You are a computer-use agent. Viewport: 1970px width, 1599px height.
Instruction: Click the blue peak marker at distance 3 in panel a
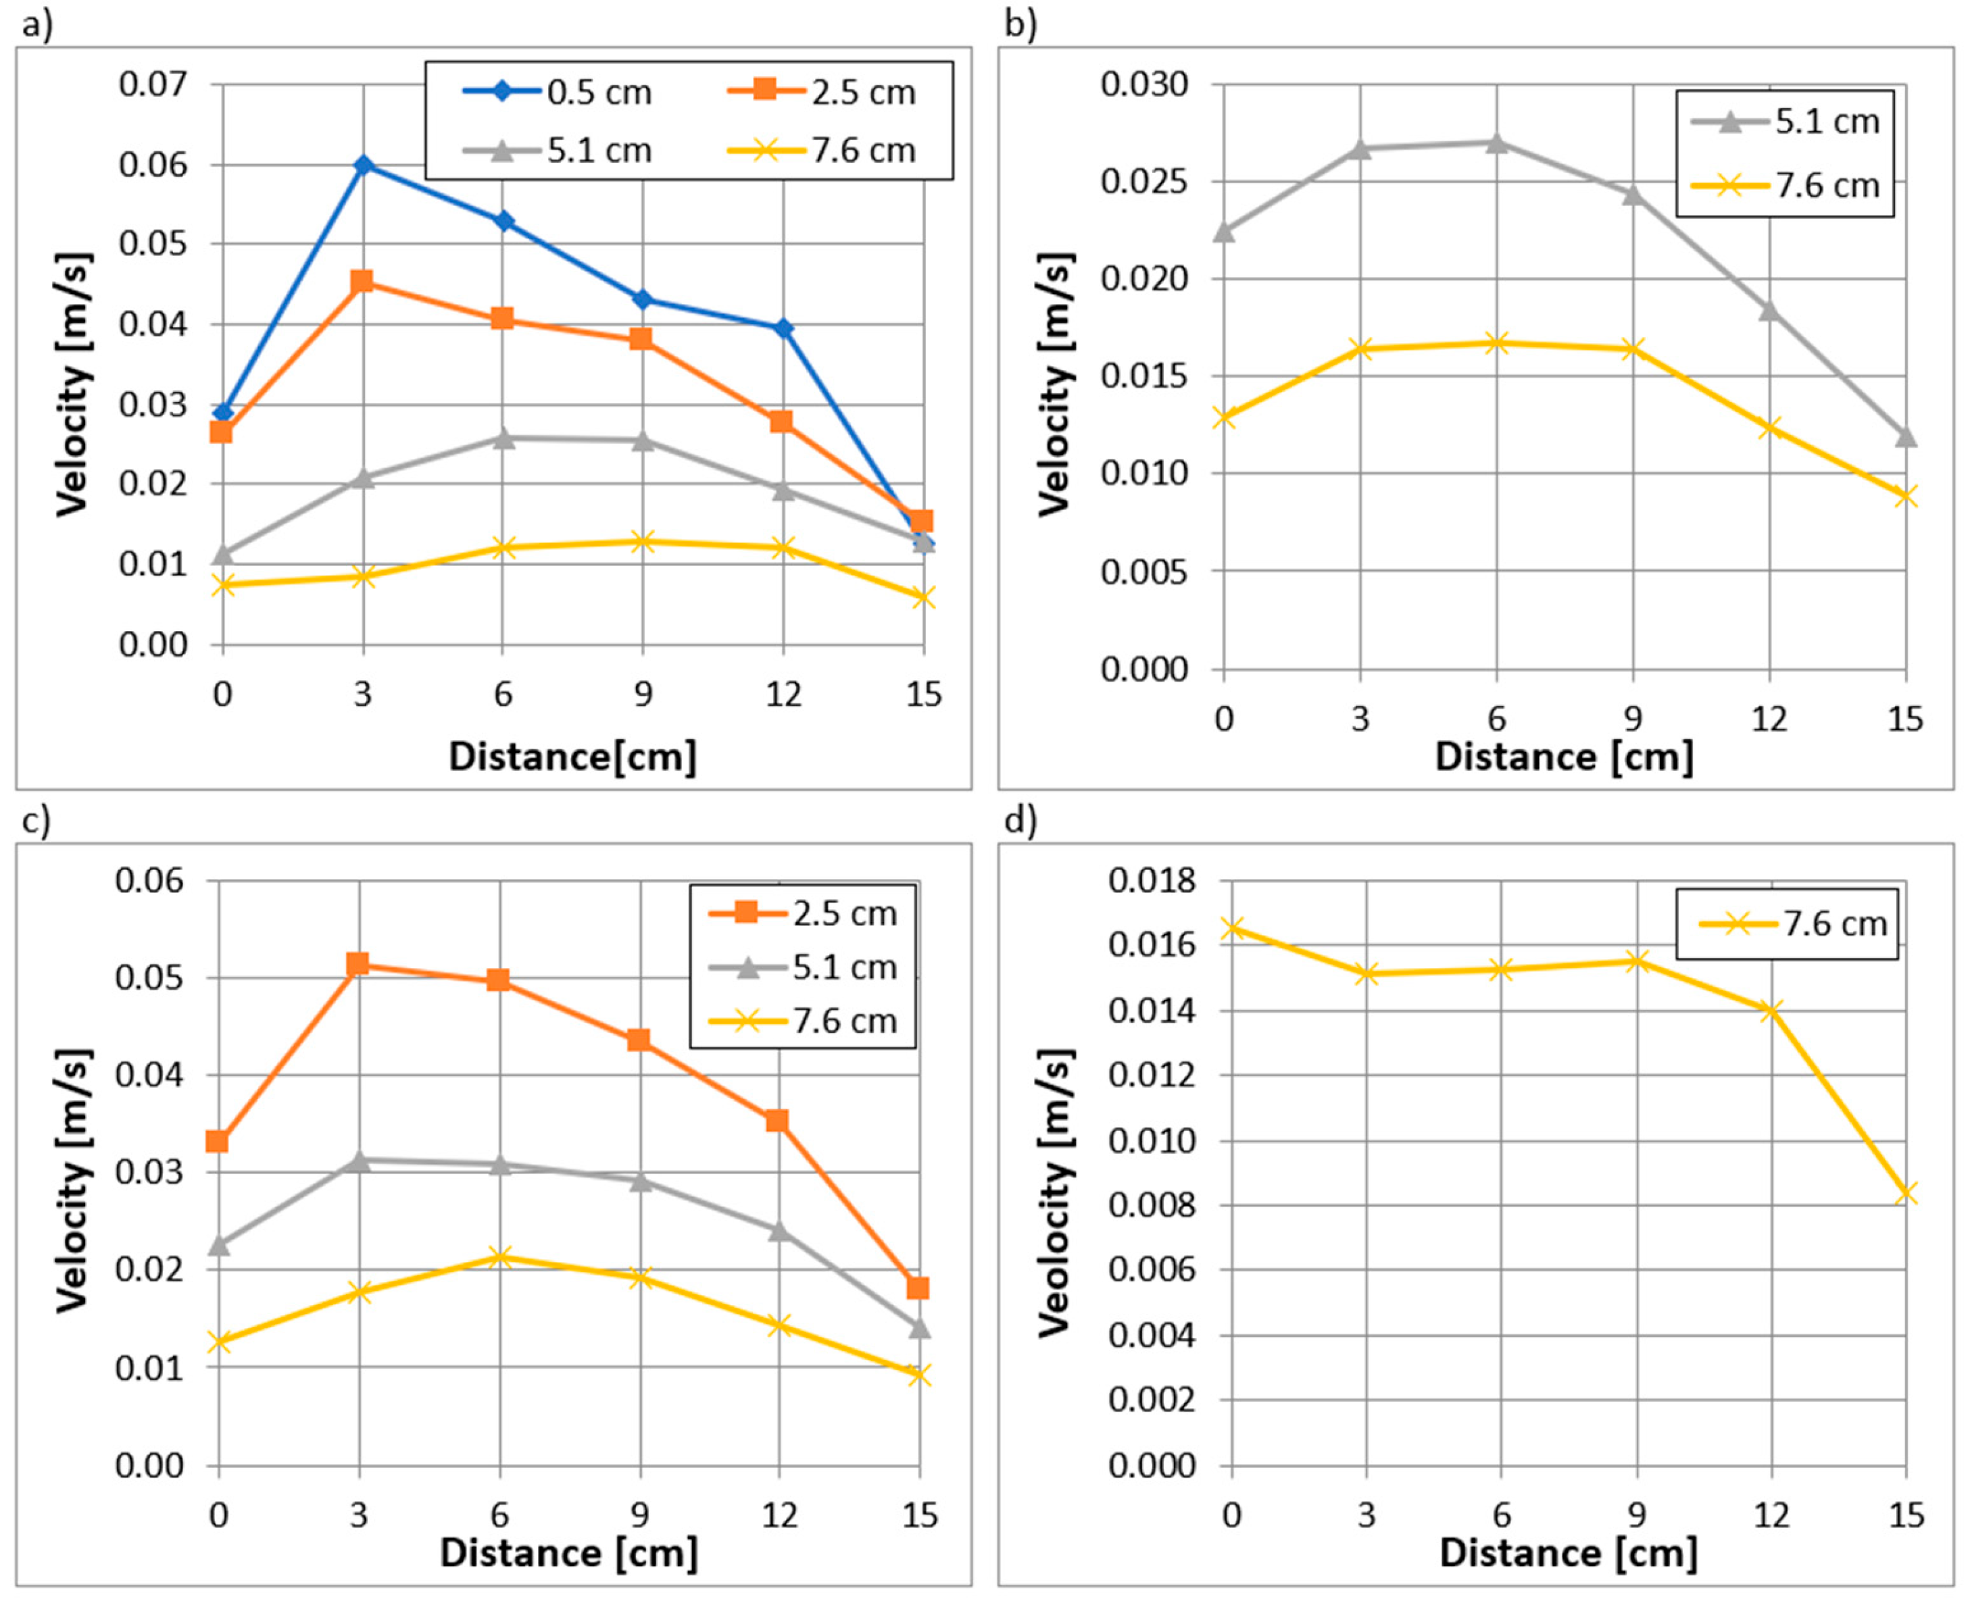pos(363,165)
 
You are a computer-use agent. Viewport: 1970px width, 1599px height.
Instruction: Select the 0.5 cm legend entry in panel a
pos(558,92)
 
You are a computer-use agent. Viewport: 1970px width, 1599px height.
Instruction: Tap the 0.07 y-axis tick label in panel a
pos(153,84)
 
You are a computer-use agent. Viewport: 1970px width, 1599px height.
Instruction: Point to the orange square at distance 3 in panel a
pos(362,281)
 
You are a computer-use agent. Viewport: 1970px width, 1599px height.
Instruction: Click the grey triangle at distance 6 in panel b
pos(1496,142)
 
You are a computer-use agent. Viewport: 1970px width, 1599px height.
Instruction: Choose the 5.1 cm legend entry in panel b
pos(1785,121)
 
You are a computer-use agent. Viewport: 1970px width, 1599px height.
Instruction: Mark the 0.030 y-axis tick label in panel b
pos(1144,84)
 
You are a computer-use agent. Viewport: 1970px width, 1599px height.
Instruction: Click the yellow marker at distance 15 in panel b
pos(1906,497)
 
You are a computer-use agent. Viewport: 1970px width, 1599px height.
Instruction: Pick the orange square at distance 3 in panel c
pos(358,965)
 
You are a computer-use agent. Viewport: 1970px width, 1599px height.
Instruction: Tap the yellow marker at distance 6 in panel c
pos(499,1257)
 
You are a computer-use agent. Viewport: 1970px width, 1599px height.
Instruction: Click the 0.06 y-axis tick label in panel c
pos(149,880)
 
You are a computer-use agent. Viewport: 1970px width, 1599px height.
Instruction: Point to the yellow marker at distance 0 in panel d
pos(1231,928)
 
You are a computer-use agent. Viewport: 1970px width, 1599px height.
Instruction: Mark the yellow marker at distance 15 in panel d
pos(1906,1194)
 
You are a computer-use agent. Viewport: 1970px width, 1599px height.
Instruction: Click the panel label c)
pos(37,819)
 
